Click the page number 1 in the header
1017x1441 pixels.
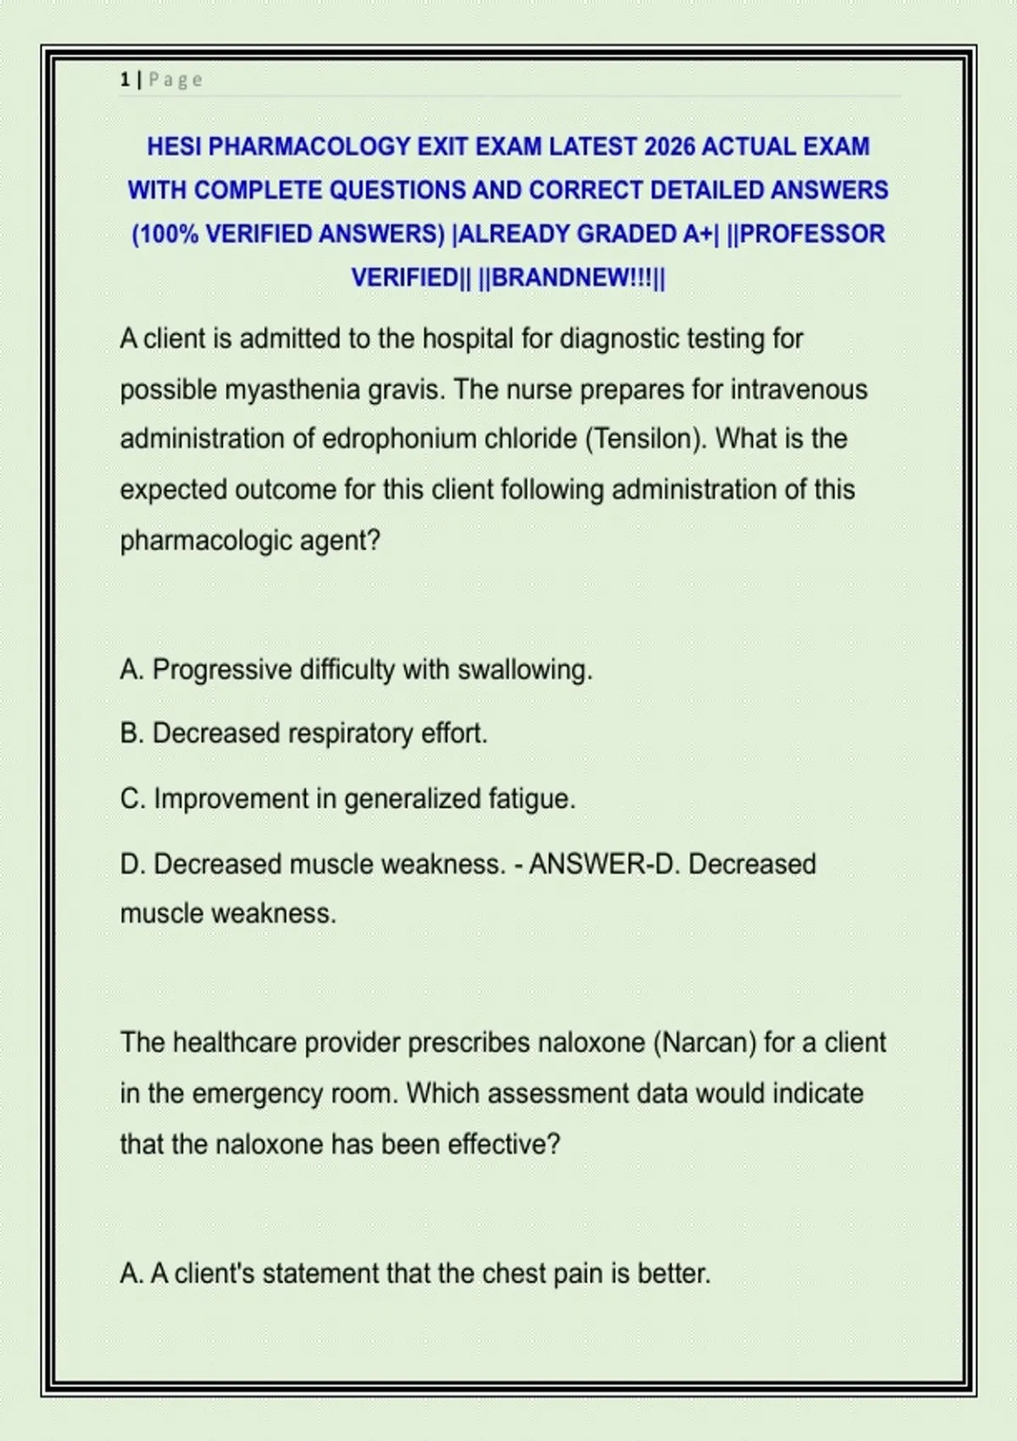point(125,80)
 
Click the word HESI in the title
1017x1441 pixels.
point(174,147)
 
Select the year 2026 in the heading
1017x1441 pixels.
point(669,147)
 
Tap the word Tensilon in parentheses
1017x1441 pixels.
point(644,439)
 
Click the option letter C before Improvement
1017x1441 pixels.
point(132,798)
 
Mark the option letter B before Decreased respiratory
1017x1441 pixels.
point(131,733)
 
